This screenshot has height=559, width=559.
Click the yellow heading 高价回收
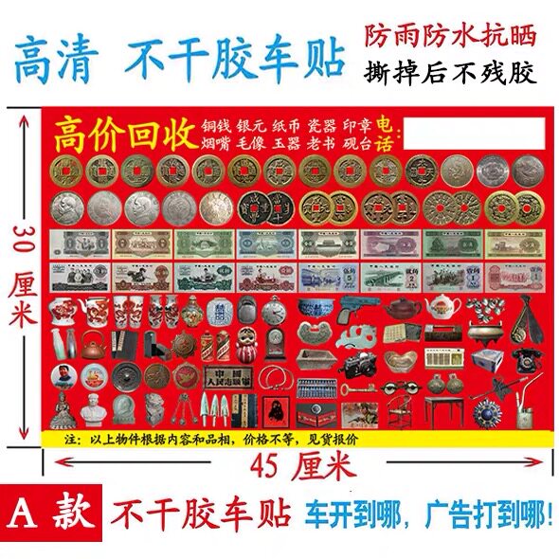[x=123, y=135]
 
